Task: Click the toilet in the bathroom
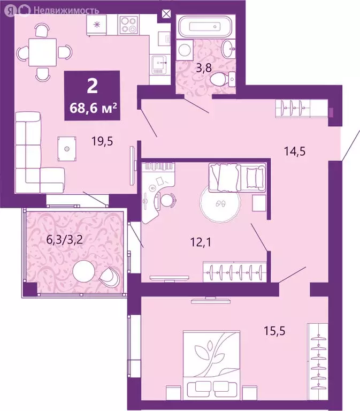point(221,80)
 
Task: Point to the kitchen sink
point(159,64)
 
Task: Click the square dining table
point(44,52)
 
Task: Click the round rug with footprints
point(219,203)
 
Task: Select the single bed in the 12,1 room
point(238,177)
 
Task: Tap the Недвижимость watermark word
point(66,10)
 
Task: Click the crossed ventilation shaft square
point(167,14)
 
